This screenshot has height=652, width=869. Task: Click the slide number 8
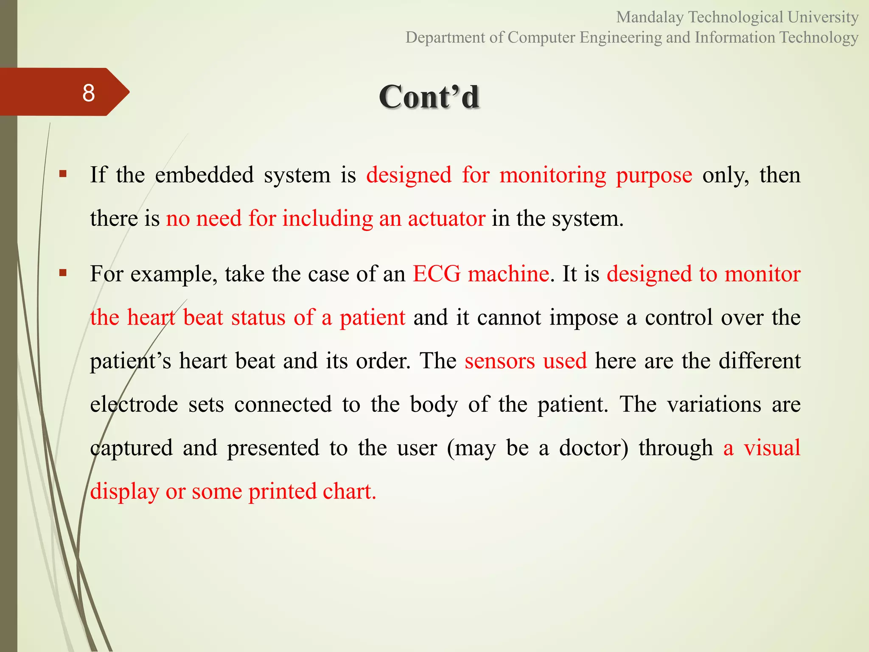(x=89, y=93)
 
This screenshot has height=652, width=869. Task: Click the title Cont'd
(x=429, y=97)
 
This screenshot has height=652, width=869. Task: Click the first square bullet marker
(x=63, y=173)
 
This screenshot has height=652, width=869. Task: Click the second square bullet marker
(x=63, y=273)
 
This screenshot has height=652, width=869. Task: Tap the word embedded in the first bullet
(x=204, y=175)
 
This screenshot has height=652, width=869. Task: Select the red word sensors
(x=499, y=361)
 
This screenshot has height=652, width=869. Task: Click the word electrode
(x=134, y=404)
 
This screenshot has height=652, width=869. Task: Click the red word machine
(x=508, y=274)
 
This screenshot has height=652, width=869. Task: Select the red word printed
(x=283, y=492)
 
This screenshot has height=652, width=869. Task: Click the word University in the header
(x=823, y=17)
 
